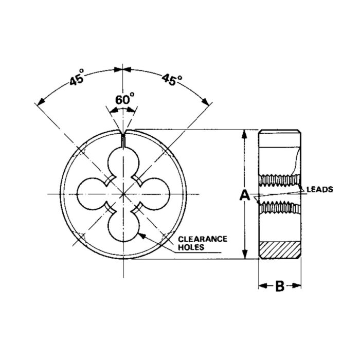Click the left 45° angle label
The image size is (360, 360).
[x=77, y=81]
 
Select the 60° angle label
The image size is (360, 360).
[x=124, y=99]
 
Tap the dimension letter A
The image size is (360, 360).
[x=245, y=195]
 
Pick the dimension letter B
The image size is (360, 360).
[x=279, y=286]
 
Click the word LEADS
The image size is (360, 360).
[x=320, y=189]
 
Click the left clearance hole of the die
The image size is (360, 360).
[x=91, y=194]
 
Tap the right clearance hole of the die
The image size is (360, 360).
[x=156, y=194]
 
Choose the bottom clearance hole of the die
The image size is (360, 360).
[x=123, y=226]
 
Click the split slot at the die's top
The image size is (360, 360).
[x=123, y=138]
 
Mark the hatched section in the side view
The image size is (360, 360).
[x=279, y=250]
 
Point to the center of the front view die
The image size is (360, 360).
[x=123, y=194]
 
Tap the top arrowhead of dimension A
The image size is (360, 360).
[x=245, y=134]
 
